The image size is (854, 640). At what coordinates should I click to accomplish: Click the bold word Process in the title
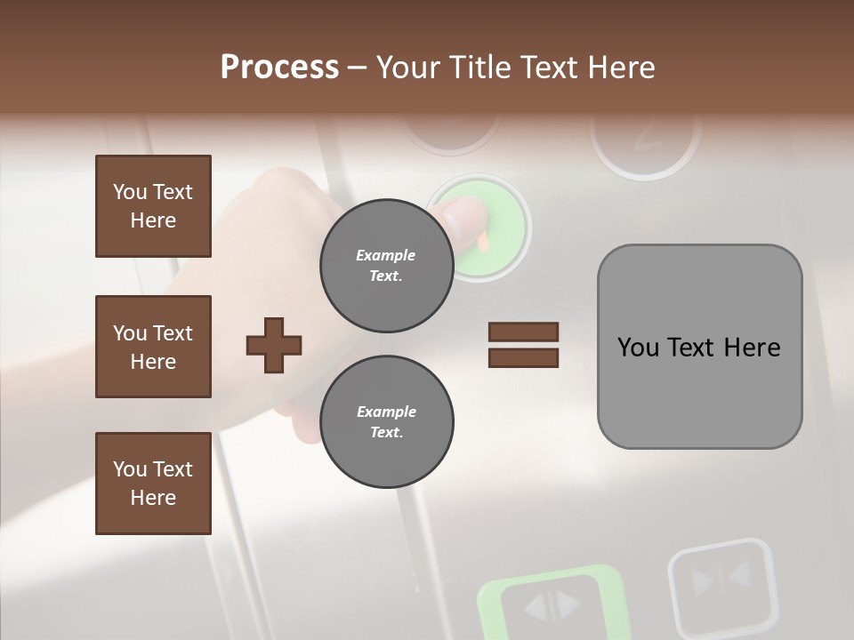coord(279,68)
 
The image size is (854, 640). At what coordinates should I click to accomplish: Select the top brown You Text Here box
coord(153,206)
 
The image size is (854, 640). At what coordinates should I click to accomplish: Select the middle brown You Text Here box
coord(153,347)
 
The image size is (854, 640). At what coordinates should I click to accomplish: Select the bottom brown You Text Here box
coord(153,484)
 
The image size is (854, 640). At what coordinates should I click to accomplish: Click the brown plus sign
coord(274,345)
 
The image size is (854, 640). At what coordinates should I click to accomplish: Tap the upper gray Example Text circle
coord(386,265)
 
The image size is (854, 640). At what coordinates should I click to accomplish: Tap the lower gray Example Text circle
coord(386,421)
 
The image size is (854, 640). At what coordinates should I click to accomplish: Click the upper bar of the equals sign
coord(523,332)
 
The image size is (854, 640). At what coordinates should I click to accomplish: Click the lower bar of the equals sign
coord(523,357)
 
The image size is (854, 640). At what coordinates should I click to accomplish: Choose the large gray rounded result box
coord(699,347)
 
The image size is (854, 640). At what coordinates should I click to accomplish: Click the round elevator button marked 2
coord(645,138)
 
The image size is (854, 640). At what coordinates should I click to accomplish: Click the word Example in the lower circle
coord(386,412)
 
